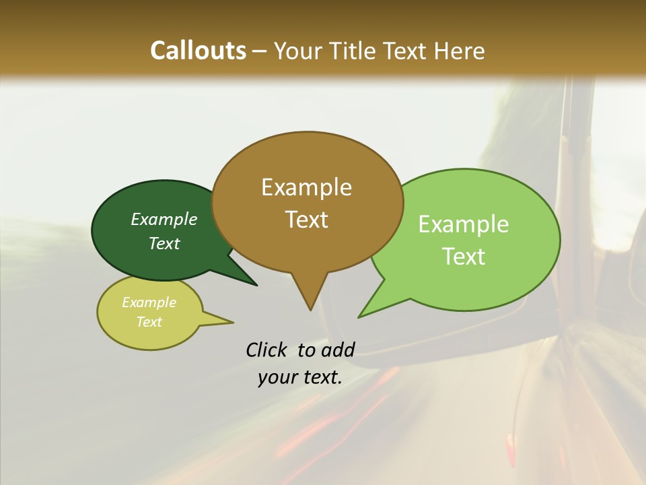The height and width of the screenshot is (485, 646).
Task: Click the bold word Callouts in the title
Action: (x=198, y=51)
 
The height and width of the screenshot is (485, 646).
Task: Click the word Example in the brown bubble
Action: (x=306, y=187)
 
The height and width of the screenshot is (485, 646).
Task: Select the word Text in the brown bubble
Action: (x=306, y=220)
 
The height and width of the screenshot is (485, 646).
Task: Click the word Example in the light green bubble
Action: (x=464, y=224)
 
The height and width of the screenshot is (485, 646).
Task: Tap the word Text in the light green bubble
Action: (x=464, y=257)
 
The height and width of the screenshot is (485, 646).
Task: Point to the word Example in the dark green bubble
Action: (x=164, y=220)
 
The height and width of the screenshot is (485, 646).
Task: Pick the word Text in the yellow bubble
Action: (x=149, y=322)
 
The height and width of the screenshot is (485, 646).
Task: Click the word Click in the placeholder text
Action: (x=266, y=350)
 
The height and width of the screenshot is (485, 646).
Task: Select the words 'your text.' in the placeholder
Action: (x=300, y=377)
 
